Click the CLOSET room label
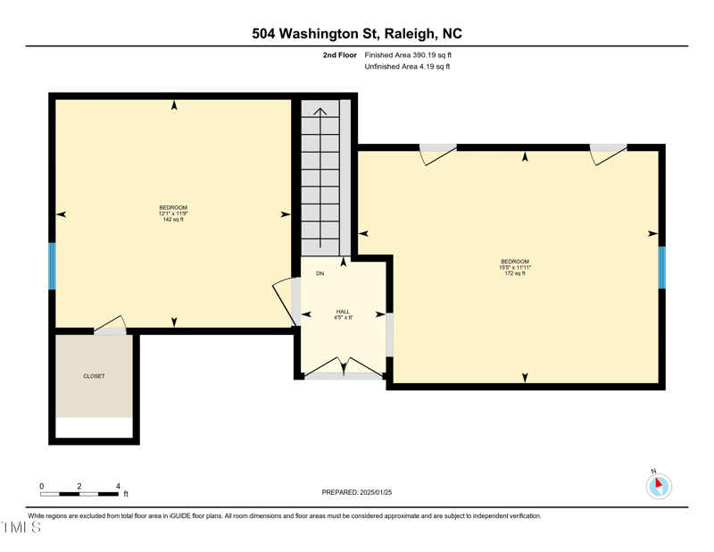(94, 376)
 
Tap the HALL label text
(343, 312)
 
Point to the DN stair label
(320, 273)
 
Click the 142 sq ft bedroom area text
(173, 219)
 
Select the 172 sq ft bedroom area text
(515, 273)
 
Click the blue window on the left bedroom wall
(52, 266)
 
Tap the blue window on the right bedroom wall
(662, 268)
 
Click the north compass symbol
(659, 485)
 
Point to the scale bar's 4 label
(118, 486)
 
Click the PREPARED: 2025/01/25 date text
(356, 492)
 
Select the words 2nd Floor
(340, 55)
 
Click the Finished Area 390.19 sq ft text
(408, 55)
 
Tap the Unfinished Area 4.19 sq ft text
(407, 67)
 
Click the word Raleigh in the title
(410, 34)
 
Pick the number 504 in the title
(263, 34)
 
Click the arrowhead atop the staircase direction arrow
(320, 111)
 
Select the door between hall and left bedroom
(286, 301)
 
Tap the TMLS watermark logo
(21, 527)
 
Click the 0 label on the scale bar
(41, 486)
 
